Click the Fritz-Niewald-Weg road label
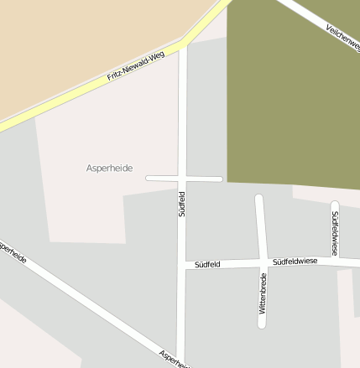tap(135, 68)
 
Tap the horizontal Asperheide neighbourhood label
tap(110, 168)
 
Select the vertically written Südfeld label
tap(181, 205)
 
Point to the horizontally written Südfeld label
tap(206, 264)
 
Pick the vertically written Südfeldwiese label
tap(334, 233)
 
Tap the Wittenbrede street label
tap(263, 293)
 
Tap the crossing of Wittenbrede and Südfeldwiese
tap(262, 263)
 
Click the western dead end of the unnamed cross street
tap(149, 179)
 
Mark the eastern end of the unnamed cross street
tap(220, 179)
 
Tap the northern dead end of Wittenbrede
tap(259, 199)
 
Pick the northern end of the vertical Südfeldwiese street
tap(335, 204)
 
